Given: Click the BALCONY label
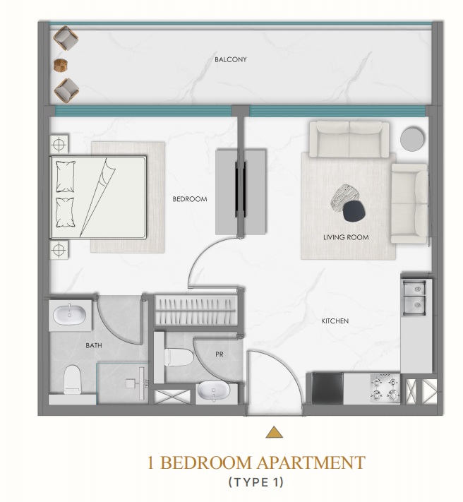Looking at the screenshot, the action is click(x=230, y=59).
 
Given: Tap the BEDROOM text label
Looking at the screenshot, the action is click(x=190, y=199).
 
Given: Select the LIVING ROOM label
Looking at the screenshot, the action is click(x=346, y=237).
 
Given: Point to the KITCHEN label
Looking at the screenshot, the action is click(x=335, y=321).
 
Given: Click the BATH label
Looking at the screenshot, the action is click(x=94, y=345).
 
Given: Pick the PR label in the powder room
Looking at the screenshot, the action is click(x=220, y=354).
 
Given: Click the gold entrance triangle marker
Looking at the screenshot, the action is click(x=275, y=432).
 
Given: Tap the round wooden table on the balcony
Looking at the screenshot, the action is click(x=61, y=65).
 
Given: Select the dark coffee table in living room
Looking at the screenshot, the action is click(x=354, y=211).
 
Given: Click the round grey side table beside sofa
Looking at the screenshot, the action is click(x=412, y=138).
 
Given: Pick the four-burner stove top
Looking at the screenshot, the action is click(x=385, y=388).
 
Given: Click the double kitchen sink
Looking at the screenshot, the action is click(x=414, y=297).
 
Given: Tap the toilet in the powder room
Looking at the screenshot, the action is click(x=179, y=357).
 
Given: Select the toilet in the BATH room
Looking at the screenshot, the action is click(x=72, y=379).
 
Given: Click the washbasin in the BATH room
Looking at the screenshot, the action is click(x=69, y=315).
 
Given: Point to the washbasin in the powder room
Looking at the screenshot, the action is click(x=213, y=390).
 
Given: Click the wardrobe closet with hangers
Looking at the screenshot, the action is click(x=196, y=311).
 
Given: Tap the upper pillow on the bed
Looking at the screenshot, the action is click(x=66, y=177).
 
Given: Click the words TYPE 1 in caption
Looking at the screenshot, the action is click(x=256, y=482).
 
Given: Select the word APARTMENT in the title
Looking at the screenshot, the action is click(x=311, y=462).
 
